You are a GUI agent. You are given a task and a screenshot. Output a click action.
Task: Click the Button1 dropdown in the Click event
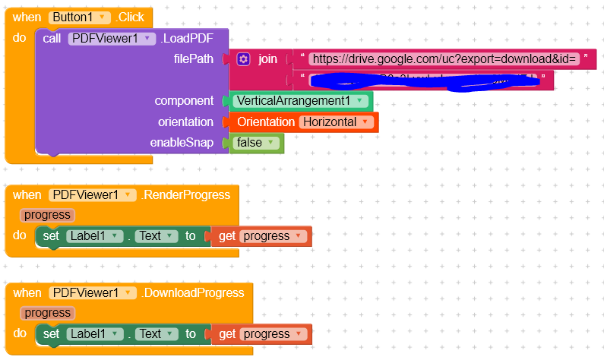(80, 17)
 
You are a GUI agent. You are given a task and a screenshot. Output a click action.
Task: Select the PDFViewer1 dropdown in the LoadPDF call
(112, 39)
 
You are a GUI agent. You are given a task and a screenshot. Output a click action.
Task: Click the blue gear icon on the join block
(243, 59)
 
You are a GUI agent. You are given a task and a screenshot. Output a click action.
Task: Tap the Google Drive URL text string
(445, 59)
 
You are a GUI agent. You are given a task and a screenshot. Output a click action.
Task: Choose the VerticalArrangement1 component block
(301, 101)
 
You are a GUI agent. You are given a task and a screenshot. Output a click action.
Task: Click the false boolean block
(255, 143)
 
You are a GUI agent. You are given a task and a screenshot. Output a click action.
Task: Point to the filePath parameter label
(194, 59)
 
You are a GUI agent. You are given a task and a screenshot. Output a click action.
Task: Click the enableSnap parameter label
(182, 143)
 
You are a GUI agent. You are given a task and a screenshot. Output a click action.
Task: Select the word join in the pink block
(267, 59)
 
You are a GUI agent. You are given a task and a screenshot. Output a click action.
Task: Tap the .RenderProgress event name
(185, 195)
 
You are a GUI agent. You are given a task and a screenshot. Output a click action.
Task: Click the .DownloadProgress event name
(192, 293)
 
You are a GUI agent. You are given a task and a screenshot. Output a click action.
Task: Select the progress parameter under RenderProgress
(47, 215)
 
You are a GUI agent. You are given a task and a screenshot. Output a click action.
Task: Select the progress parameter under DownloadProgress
(47, 313)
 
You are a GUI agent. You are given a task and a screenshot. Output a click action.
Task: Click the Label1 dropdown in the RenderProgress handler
(94, 236)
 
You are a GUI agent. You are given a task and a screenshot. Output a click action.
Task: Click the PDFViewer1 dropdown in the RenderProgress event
(91, 195)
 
